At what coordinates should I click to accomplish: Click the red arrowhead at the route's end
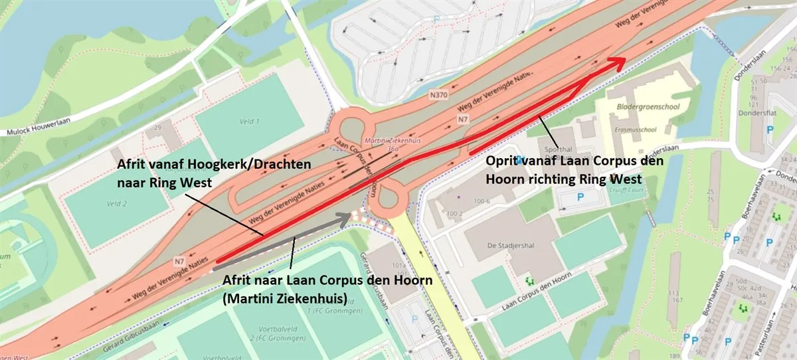pos(618,62)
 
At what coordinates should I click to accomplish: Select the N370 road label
pos(438,95)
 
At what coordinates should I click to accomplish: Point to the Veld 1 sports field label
pos(248,121)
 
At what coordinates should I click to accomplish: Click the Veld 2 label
pos(116,203)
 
